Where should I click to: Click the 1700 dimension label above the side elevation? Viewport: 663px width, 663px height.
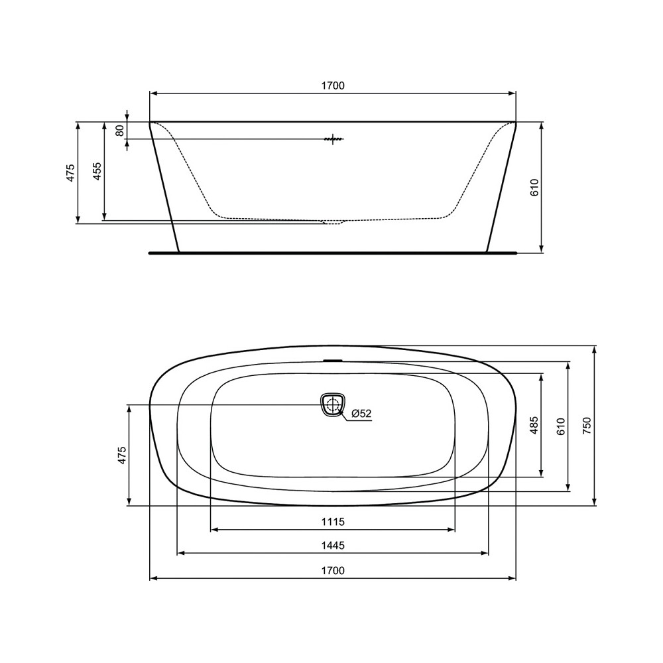(333, 86)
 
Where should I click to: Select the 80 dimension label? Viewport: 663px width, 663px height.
(119, 130)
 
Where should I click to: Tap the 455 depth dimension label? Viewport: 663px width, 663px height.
(97, 171)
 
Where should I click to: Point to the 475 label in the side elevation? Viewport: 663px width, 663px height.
(70, 173)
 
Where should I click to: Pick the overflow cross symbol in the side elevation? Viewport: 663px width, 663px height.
(333, 139)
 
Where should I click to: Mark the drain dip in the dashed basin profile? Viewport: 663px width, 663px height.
(333, 222)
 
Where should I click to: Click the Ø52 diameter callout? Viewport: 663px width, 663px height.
(361, 414)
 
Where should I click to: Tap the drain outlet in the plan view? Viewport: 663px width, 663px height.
(333, 404)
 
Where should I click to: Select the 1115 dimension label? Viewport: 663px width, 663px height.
(333, 522)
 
